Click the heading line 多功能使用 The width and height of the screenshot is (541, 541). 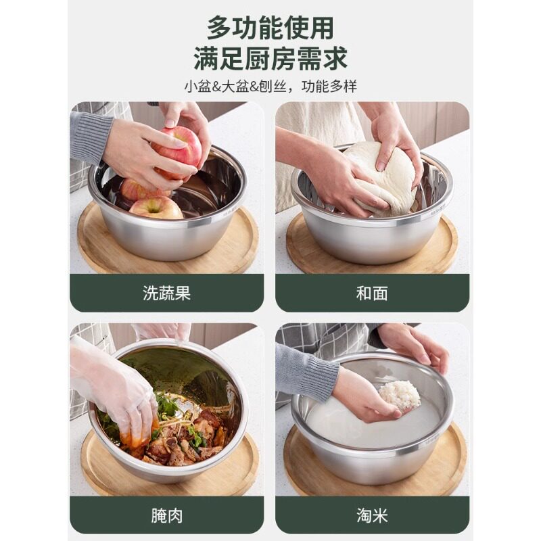270,28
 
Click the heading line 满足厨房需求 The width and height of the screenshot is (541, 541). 270,59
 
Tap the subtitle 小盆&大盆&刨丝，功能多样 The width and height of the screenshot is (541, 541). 270,87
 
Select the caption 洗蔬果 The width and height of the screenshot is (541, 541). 166,293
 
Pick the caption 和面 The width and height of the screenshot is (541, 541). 372,293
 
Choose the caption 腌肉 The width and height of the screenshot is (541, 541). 166,516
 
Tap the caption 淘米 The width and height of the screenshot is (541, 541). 372,516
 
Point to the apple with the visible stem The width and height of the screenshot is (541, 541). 156,208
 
